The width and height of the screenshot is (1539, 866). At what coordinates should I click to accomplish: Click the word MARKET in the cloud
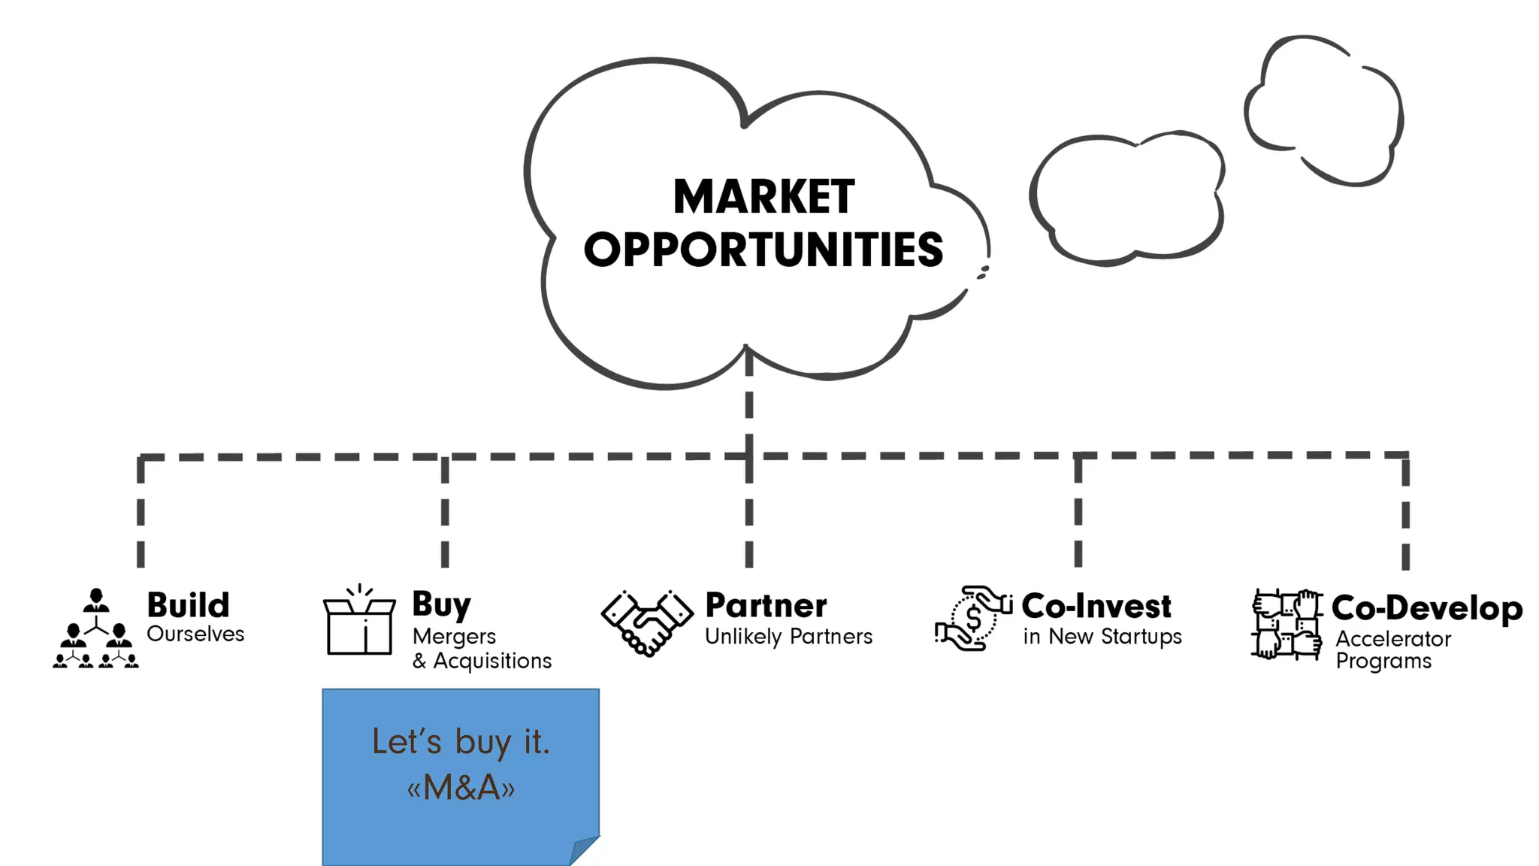[x=763, y=197]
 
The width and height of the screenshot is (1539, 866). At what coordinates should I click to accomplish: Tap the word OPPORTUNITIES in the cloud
[x=763, y=250]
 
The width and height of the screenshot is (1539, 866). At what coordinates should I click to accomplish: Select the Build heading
[x=188, y=605]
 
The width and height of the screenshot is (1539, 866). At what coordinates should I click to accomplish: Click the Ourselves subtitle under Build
[x=195, y=634]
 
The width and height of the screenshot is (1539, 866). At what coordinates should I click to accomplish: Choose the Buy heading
[x=441, y=605]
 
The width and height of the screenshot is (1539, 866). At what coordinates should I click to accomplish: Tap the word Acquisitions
[x=492, y=661]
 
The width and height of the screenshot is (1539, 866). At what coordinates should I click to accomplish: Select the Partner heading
[x=766, y=606]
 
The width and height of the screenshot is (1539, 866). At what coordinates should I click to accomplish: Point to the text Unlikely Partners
[x=788, y=637]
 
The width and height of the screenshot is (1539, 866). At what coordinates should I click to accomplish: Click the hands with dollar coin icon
[x=973, y=619]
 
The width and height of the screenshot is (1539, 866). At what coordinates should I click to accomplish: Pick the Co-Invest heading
[x=1096, y=606]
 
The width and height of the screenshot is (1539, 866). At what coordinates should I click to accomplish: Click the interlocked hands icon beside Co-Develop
[x=1287, y=625]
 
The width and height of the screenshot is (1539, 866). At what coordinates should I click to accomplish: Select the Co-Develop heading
[x=1426, y=608]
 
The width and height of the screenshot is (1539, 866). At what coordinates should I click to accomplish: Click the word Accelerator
[x=1392, y=639]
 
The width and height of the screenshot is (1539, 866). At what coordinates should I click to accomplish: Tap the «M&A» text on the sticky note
[x=461, y=788]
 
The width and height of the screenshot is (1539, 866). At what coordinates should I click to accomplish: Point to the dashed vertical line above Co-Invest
[x=1078, y=511]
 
